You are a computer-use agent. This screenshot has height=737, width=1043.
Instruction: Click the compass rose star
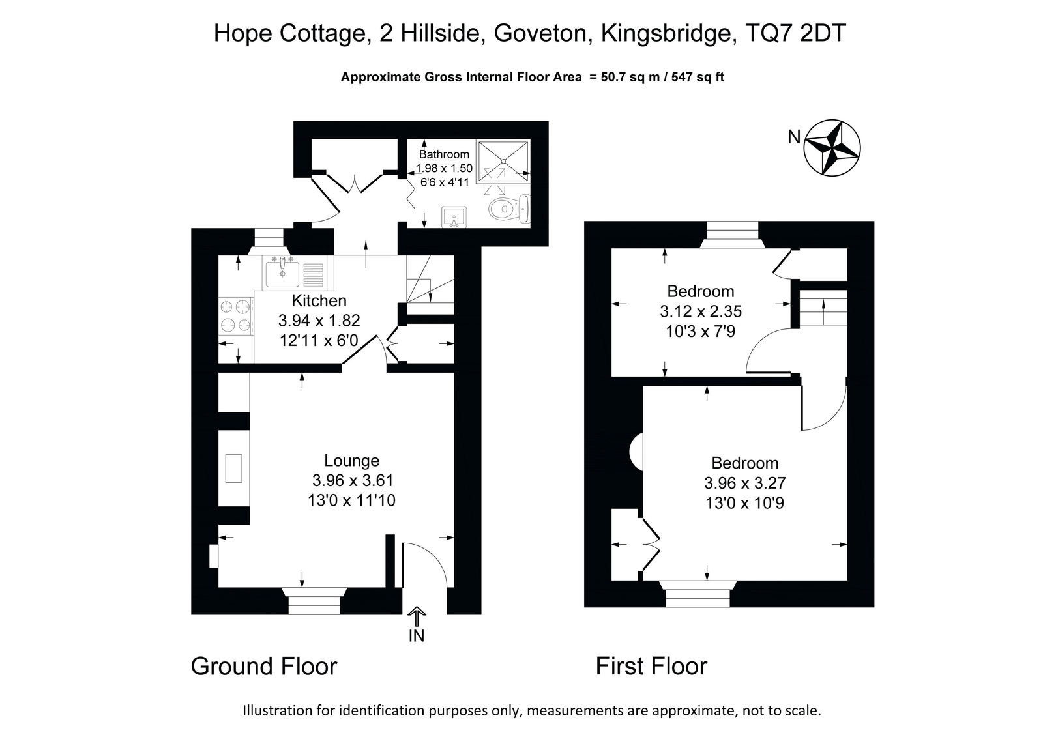coord(832,149)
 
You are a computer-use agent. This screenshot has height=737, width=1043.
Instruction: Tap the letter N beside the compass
coord(794,137)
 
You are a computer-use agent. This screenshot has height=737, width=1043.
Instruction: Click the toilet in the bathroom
coord(509,209)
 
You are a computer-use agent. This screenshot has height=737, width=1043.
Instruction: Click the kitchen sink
coord(283,274)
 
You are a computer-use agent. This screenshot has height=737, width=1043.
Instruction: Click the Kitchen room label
coord(319,301)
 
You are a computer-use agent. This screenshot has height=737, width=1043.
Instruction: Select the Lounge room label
coord(351,461)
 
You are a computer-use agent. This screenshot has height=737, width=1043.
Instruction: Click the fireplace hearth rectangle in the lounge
coord(234,469)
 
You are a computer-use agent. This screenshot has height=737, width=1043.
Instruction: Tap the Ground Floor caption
coord(264,666)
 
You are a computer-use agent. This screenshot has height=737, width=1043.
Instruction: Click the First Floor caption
coord(651,666)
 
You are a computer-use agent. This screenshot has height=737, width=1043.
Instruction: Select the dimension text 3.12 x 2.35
coord(701,311)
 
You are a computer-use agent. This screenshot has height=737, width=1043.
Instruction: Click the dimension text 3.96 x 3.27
coord(745,483)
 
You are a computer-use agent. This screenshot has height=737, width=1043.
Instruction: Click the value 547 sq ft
coord(698,77)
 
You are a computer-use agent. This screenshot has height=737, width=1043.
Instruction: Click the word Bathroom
coord(444,154)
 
